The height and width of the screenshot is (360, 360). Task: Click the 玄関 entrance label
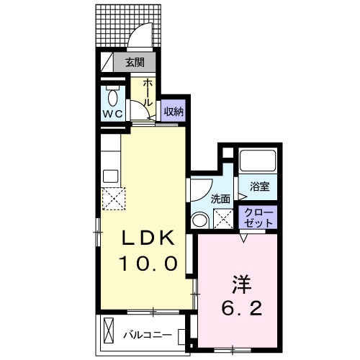[135, 63]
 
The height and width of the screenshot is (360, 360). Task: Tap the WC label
[113, 113]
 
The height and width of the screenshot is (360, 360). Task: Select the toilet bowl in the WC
[113, 98]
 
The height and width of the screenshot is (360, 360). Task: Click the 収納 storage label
[174, 112]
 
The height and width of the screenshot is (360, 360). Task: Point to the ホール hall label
[148, 93]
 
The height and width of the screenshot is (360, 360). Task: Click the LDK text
[148, 238]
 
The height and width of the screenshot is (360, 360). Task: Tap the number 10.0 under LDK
[148, 263]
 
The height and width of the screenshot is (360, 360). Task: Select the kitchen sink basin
[111, 176]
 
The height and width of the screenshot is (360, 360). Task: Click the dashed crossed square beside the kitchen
[114, 199]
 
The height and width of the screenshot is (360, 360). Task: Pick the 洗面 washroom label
[220, 199]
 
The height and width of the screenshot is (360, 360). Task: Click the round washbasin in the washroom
[200, 220]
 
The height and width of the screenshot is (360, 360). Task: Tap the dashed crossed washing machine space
[223, 219]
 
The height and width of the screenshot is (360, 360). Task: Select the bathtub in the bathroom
[258, 161]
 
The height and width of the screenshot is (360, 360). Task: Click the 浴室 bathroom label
[260, 186]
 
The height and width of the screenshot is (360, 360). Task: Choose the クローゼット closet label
[258, 218]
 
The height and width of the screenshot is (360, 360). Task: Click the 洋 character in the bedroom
[241, 284]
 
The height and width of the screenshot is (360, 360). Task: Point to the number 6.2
[241, 309]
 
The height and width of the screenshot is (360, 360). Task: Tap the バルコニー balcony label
[148, 335]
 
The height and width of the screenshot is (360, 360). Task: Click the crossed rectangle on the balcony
[109, 331]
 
